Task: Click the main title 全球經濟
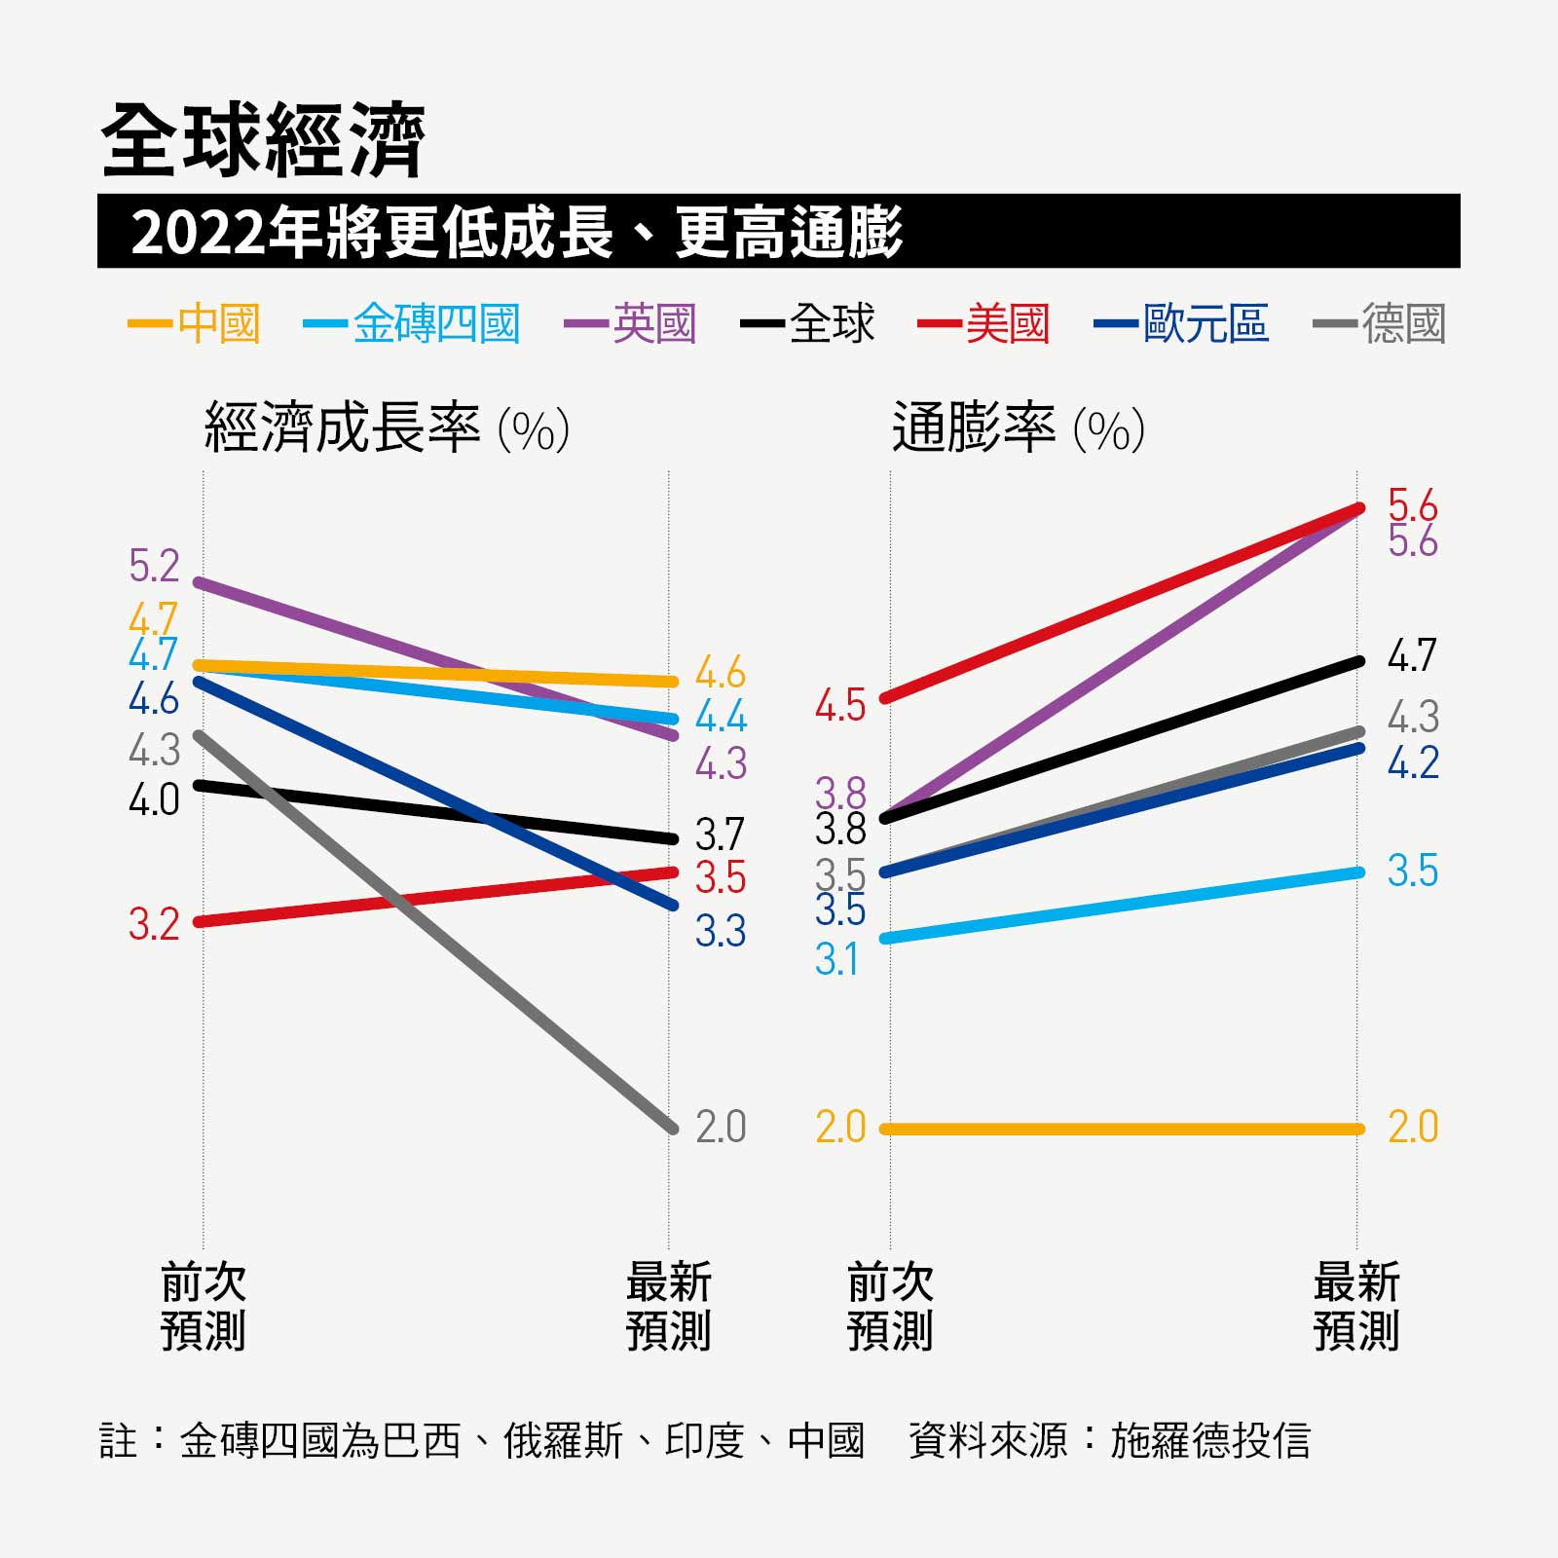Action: coord(263,141)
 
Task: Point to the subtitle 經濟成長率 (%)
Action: coord(387,428)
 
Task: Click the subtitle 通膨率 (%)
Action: coord(1018,428)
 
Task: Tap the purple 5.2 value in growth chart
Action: coord(155,567)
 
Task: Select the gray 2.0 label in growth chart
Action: coord(721,1128)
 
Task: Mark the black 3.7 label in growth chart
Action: coord(721,835)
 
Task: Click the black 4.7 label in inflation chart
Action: coord(1412,656)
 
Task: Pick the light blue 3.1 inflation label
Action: coord(837,961)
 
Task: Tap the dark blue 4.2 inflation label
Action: coord(1412,763)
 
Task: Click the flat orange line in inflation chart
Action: coord(1120,1130)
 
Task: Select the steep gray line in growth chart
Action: coord(438,935)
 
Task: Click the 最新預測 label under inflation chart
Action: coord(1355,1307)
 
